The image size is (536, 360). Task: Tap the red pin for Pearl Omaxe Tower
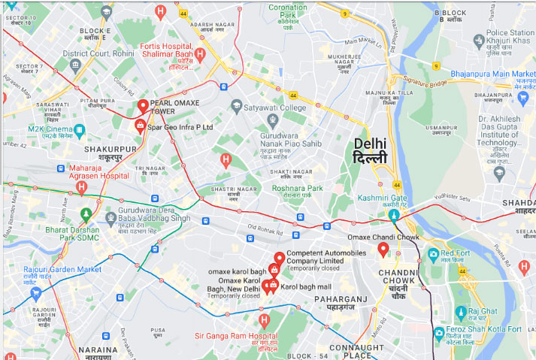(143, 106)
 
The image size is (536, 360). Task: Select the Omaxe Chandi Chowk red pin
(383, 249)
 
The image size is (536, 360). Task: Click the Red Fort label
(455, 254)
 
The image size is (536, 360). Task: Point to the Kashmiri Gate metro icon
(393, 216)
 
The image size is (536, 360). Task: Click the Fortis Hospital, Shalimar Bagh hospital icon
(200, 54)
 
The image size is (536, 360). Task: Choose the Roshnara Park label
(297, 189)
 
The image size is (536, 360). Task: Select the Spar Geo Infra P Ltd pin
(140, 125)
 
